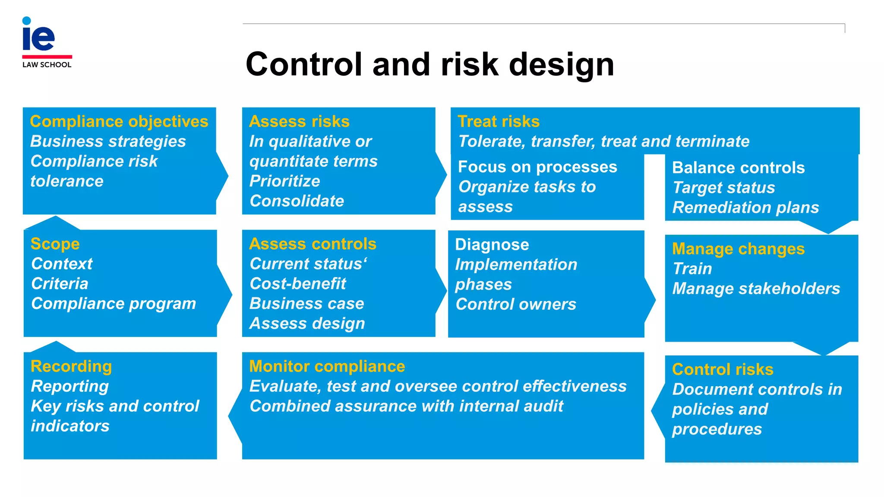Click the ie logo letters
pos(38,37)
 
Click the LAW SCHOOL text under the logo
pos(47,65)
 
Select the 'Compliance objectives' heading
pos(119,122)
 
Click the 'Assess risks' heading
pos(299,122)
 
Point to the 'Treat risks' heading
pos(499,122)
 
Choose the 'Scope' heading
pos(55,244)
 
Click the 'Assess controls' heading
pos(313,244)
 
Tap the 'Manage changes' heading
pos(738,249)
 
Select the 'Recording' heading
pos(71,366)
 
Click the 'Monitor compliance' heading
pos(327,366)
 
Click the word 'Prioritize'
pos(284,181)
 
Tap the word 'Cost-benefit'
pos(298,284)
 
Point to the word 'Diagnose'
pos(492,245)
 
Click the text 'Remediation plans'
pos(745,208)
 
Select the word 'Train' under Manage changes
pos(692,269)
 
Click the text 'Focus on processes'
pos(537,167)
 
